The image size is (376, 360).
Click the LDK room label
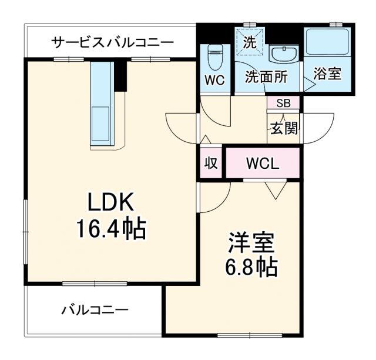pos(112,203)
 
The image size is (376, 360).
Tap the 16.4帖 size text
pos(110,228)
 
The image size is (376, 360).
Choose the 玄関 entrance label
pos(284,128)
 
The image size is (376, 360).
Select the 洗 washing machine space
pos(250,41)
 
